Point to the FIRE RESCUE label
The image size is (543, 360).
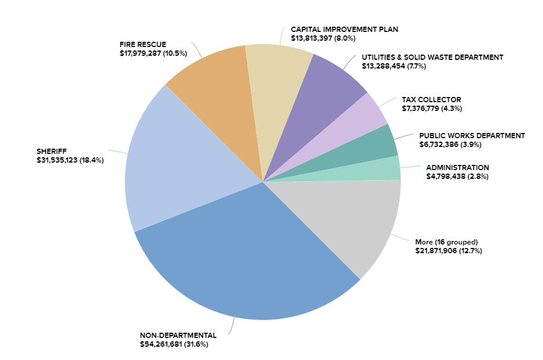pyautogui.click(x=143, y=45)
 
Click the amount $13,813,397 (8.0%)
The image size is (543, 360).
pyautogui.click(x=323, y=38)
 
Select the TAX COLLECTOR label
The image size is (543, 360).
pyautogui.click(x=431, y=99)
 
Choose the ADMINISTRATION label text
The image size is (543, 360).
pyautogui.click(x=458, y=167)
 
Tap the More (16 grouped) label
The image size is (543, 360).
pyautogui.click(x=446, y=242)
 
